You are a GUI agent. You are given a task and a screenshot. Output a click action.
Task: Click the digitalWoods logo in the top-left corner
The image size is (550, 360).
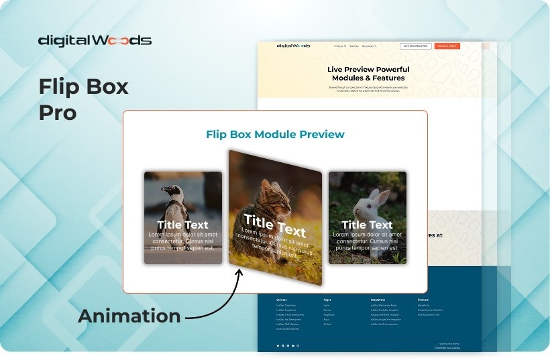(x=95, y=40)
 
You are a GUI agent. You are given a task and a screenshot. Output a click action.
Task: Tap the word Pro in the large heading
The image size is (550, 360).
(x=57, y=112)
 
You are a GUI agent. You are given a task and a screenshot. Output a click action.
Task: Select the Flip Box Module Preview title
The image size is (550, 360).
(x=275, y=135)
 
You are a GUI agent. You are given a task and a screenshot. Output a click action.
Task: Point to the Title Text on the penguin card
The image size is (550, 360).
(x=182, y=225)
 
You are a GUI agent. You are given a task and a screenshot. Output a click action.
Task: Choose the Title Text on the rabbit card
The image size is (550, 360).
(x=367, y=225)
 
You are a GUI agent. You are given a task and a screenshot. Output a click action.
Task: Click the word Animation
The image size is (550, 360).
(x=129, y=316)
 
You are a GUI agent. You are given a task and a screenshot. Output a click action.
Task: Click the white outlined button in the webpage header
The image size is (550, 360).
(x=416, y=46)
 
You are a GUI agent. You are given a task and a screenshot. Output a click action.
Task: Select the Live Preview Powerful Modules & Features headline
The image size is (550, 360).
(x=368, y=74)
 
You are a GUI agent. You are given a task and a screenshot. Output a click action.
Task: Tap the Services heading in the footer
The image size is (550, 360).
(x=282, y=300)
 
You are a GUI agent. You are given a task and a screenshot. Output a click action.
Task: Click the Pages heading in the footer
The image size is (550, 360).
(x=327, y=300)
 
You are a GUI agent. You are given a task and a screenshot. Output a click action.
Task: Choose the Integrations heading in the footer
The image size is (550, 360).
(x=380, y=300)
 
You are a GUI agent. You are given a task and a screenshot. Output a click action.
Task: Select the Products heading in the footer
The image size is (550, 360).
(x=423, y=300)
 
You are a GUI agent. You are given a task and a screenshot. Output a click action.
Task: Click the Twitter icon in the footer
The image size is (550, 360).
(x=278, y=345)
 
